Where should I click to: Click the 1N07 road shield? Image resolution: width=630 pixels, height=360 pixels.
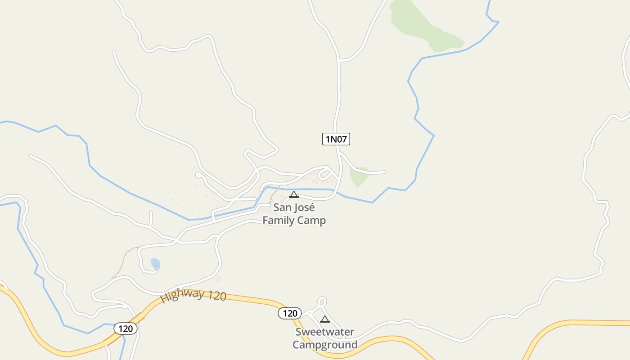(336, 139)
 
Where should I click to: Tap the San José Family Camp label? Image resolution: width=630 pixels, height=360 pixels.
(294, 214)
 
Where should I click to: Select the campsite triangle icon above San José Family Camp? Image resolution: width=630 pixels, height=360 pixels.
(294, 194)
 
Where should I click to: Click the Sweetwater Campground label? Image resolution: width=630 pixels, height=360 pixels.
(325, 338)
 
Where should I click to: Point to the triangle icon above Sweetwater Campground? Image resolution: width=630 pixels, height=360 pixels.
(325, 319)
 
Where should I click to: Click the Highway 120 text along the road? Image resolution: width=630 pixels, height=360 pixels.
(193, 296)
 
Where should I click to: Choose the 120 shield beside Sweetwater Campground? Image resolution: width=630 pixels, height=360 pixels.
(290, 313)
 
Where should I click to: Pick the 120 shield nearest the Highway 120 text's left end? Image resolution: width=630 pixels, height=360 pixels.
(126, 328)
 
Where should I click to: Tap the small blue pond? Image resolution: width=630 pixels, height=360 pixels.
(155, 264)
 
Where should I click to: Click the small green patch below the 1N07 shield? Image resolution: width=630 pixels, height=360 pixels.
(359, 177)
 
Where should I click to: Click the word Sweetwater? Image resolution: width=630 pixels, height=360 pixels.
(325, 332)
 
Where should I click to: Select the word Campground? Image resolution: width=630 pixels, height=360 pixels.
(325, 345)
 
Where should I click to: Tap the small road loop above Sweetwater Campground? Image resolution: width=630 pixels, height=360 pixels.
(321, 302)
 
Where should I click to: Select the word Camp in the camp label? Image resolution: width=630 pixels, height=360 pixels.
(312, 220)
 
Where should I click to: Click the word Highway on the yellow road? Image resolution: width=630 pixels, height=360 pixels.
(182, 295)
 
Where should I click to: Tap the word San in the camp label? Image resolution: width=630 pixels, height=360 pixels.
(282, 208)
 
